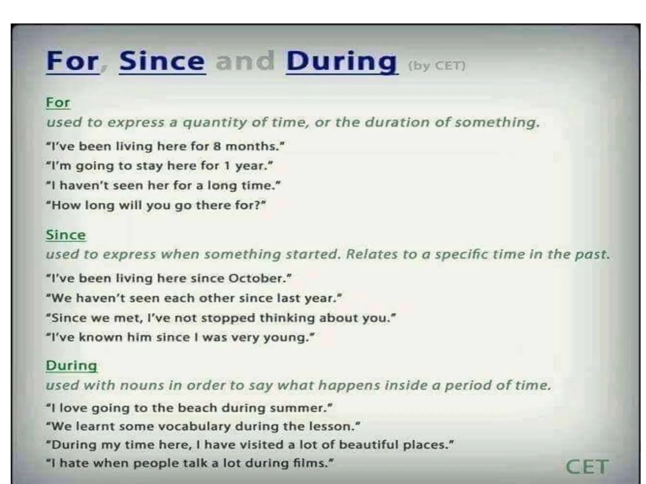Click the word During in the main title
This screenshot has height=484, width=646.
point(341,61)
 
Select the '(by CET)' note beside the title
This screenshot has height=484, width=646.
point(437,66)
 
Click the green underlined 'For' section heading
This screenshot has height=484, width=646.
point(58,103)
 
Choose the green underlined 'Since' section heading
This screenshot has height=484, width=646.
point(66,235)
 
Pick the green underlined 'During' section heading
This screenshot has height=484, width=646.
point(71,366)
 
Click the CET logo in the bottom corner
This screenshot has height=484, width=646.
point(587,467)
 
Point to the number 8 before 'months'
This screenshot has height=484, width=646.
point(217,147)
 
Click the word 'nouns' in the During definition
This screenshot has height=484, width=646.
point(142,385)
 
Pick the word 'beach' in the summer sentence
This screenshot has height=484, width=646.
point(197,408)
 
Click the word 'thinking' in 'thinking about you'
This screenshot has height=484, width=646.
point(287,318)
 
